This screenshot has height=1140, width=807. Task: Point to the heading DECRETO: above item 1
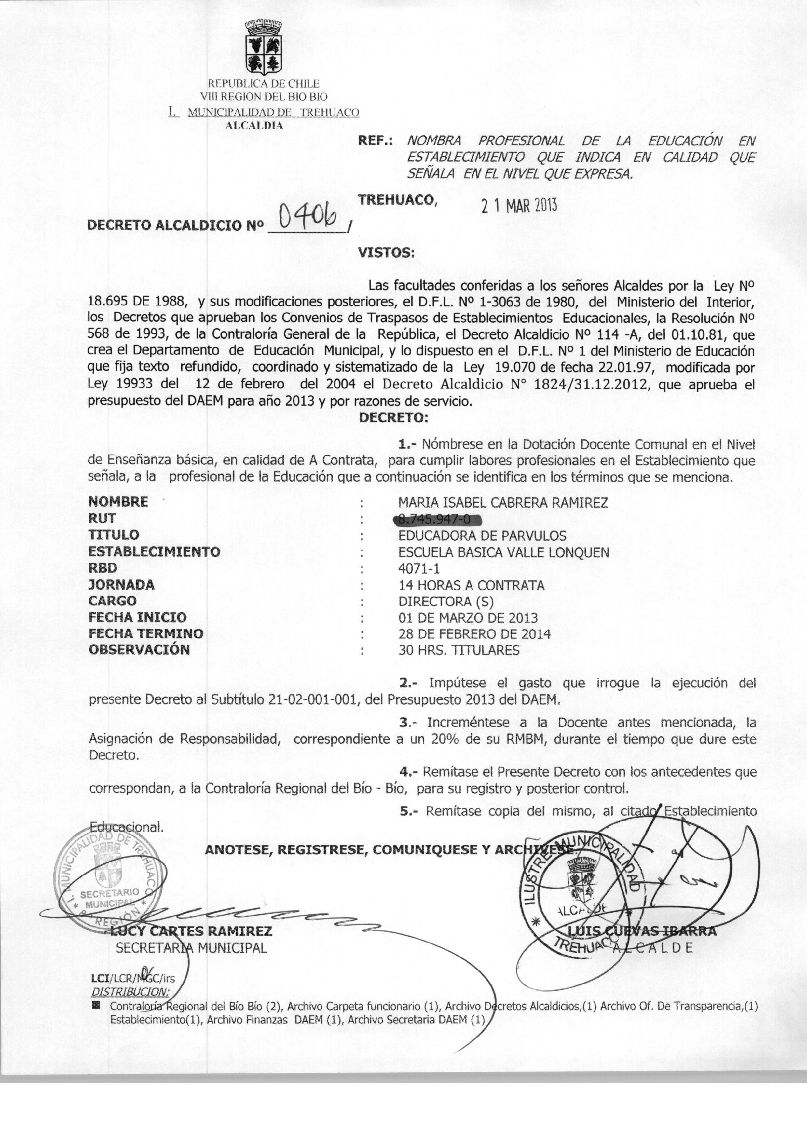tap(393, 417)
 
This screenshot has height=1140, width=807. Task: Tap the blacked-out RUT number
tap(437, 520)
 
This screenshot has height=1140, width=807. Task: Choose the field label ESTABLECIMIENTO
tap(154, 551)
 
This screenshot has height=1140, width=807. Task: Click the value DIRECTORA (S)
tap(446, 602)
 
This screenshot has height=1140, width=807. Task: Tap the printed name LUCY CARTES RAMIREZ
tap(191, 931)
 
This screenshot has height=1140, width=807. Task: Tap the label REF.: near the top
tap(375, 141)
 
